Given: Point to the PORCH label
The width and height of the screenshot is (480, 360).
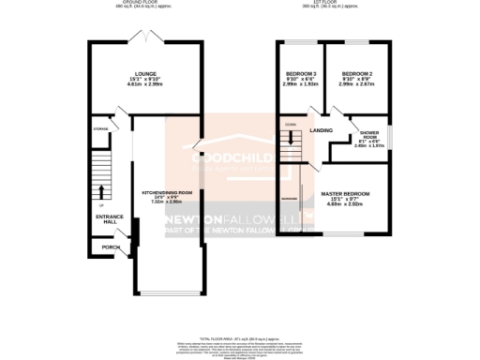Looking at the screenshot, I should pyautogui.click(x=111, y=247).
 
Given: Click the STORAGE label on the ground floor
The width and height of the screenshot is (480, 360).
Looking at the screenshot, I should pyautogui.click(x=100, y=128).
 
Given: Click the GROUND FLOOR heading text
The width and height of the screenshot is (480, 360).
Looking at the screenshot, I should pyautogui.click(x=144, y=3).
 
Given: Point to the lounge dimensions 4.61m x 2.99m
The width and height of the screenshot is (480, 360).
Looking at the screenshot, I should pyautogui.click(x=144, y=83).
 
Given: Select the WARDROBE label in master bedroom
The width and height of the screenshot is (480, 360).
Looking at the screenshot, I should pyautogui.click(x=290, y=200).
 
